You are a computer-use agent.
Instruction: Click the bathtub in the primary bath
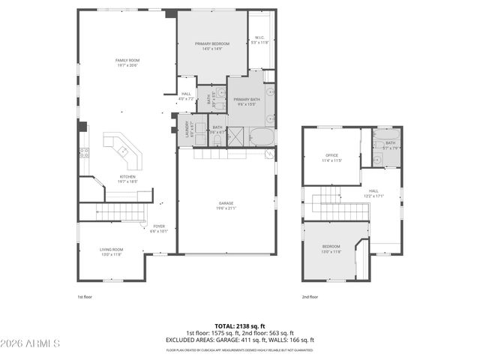pos(262,137)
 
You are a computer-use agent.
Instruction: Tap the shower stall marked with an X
pos(237,136)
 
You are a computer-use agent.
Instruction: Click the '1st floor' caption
pos(85,297)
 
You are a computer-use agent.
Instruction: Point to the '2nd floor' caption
pos(310,297)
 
